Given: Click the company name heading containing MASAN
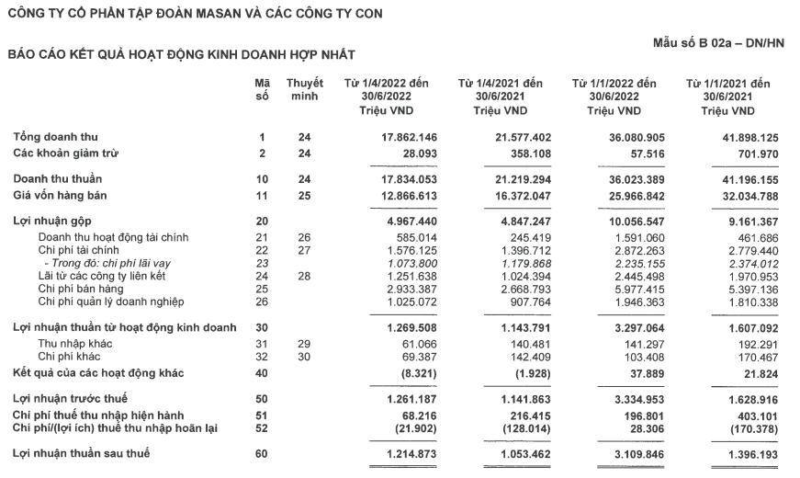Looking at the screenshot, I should click(x=196, y=13).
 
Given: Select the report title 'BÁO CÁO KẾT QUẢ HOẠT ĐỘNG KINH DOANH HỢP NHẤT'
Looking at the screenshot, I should click(x=181, y=55).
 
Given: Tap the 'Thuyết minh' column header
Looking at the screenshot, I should click(x=304, y=89).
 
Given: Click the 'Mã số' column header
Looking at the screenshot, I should click(x=262, y=89).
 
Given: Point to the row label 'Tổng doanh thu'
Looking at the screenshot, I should click(x=51, y=137).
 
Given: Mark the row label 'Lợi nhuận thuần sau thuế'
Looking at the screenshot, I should click(x=81, y=454).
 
